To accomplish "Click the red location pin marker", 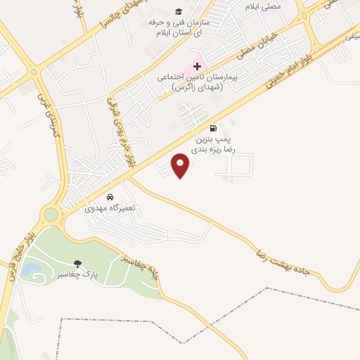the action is click(x=181, y=166).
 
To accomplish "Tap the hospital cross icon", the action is click(x=197, y=65).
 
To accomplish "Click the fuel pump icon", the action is click(x=212, y=129).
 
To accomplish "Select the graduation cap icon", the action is click(x=179, y=13).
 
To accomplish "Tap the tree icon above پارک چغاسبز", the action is click(x=78, y=264).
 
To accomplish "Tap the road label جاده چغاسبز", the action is click(x=141, y=271).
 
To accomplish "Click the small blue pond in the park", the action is click(x=30, y=269).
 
